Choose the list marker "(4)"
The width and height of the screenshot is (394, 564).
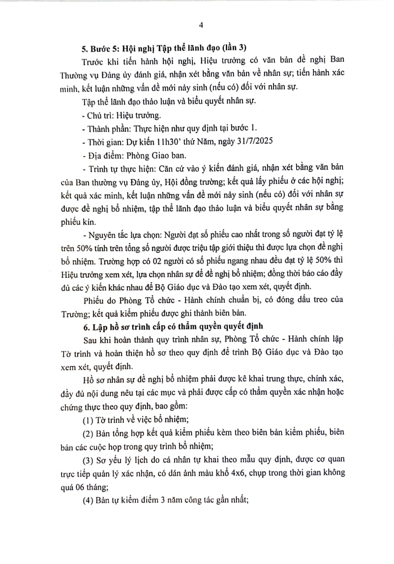tap(88, 500)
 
